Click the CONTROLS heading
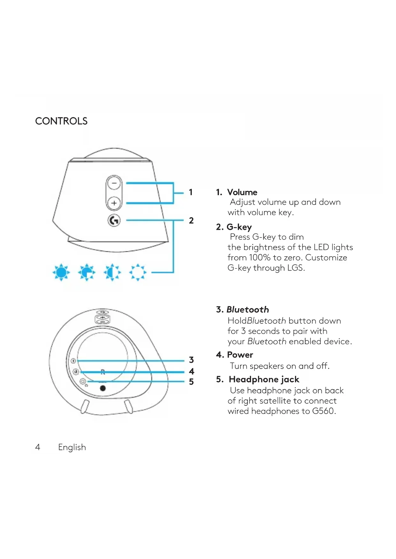click(x=61, y=121)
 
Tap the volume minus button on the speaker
click(x=114, y=183)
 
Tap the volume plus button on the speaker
click(x=114, y=203)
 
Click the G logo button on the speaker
click(x=114, y=220)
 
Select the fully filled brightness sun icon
click(x=61, y=272)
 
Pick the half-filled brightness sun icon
click(x=112, y=272)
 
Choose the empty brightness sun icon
click(x=138, y=272)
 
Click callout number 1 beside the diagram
click(x=191, y=192)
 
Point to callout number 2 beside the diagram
click(x=191, y=221)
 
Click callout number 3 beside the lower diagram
click(x=191, y=360)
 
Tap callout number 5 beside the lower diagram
click(x=191, y=381)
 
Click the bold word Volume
click(x=242, y=192)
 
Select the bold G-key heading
click(x=239, y=227)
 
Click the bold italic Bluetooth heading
click(x=248, y=309)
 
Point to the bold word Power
click(x=240, y=355)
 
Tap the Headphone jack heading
click(x=264, y=379)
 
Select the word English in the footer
click(x=72, y=447)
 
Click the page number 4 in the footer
click(x=38, y=447)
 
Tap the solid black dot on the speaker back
click(x=103, y=388)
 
